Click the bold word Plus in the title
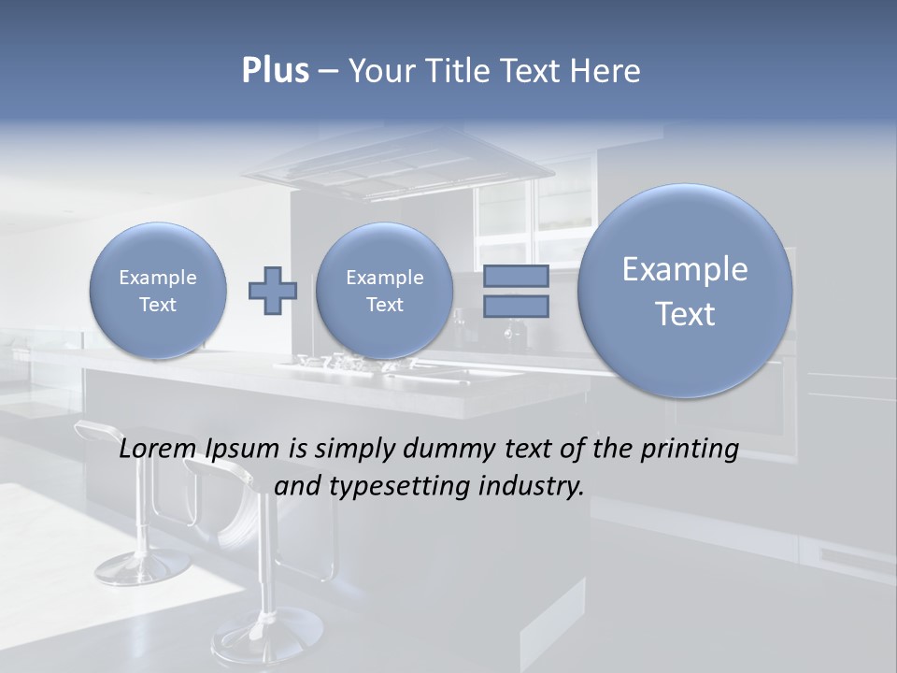coord(276,71)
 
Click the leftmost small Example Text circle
coord(157,291)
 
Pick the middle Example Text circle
coord(384,291)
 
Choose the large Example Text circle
coord(685,291)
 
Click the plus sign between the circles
coord(272,291)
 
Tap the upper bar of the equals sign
coord(516,276)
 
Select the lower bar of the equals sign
coord(516,307)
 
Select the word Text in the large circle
coord(685,314)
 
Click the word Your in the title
coord(380,71)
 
